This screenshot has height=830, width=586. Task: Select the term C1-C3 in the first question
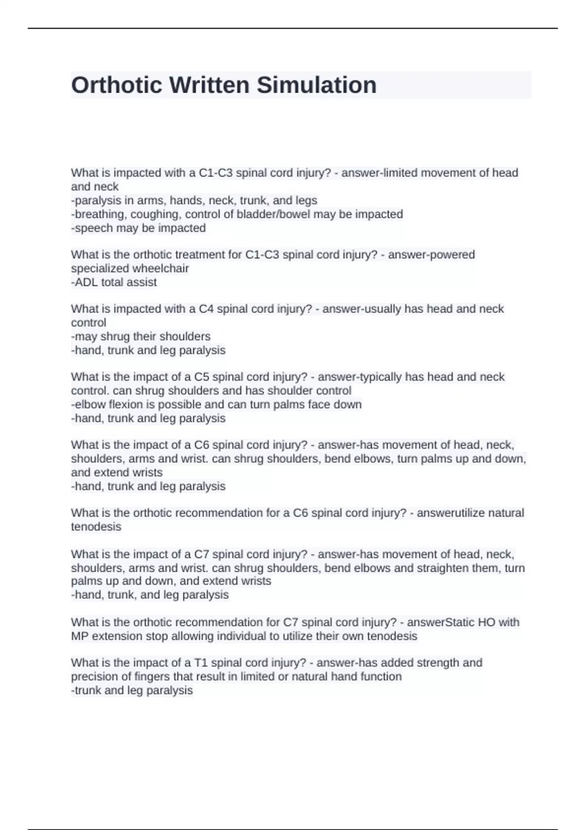tap(216, 173)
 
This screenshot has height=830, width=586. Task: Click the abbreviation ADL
tap(86, 282)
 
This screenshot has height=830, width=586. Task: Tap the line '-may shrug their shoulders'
tap(141, 336)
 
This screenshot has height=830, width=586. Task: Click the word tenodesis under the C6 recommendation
tap(96, 527)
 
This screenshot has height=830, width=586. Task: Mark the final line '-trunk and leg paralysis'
tap(132, 690)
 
